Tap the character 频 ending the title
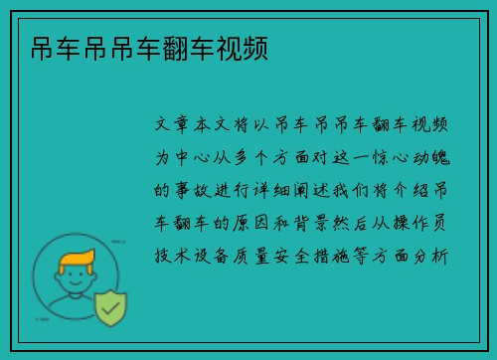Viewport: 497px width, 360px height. [x=255, y=49]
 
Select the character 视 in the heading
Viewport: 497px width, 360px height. [x=229, y=49]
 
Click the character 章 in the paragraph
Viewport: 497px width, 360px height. [x=181, y=124]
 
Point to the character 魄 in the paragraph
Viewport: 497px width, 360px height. [x=440, y=157]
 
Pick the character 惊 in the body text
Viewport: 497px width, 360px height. [x=381, y=157]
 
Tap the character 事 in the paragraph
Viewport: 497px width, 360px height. [x=181, y=190]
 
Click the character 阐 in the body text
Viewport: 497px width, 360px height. [x=300, y=190]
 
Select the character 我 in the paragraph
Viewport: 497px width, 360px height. [x=340, y=190]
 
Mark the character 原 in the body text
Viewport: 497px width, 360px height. [x=241, y=223]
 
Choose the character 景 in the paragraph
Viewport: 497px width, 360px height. [x=321, y=223]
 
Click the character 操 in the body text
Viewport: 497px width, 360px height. [x=401, y=223]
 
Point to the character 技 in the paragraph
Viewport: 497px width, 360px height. [x=162, y=256]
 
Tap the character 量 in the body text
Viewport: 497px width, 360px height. [x=261, y=256]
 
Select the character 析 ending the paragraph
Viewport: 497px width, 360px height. [x=440, y=256]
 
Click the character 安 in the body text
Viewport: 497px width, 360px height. [x=281, y=256]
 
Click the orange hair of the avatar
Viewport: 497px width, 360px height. [x=77, y=259]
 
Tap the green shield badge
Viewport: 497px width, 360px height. [x=111, y=308]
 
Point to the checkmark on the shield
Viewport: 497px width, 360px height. [x=110, y=308]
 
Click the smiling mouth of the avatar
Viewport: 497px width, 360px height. [x=76, y=283]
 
